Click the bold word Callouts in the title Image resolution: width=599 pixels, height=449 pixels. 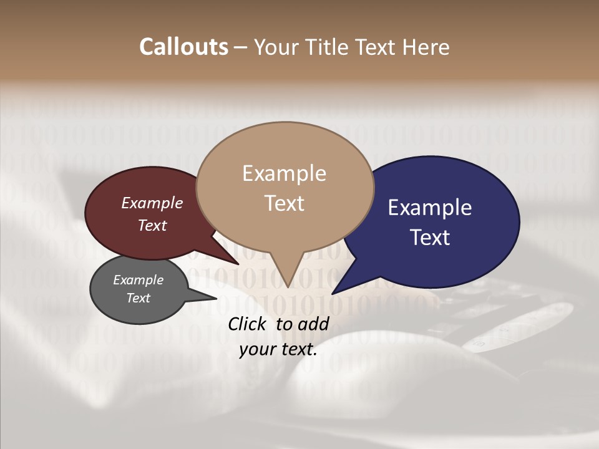[x=183, y=47]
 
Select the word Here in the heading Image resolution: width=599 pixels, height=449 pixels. [x=426, y=47]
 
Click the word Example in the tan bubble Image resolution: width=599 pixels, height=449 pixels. [x=284, y=173]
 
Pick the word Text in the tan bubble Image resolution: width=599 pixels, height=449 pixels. [x=284, y=203]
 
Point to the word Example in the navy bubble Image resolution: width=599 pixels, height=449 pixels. [x=430, y=208]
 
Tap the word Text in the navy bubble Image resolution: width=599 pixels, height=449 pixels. [x=430, y=238]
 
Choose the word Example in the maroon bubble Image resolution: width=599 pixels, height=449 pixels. [x=152, y=203]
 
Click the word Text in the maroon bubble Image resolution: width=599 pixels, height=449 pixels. [x=152, y=225]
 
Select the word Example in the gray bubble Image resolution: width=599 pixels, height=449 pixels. [x=138, y=280]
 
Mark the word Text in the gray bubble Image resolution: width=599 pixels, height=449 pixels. [x=138, y=298]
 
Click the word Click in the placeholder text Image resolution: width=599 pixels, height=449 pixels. [x=249, y=324]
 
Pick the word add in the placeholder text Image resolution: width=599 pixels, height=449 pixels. [x=313, y=324]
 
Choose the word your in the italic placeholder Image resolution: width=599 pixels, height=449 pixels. [x=257, y=350]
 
